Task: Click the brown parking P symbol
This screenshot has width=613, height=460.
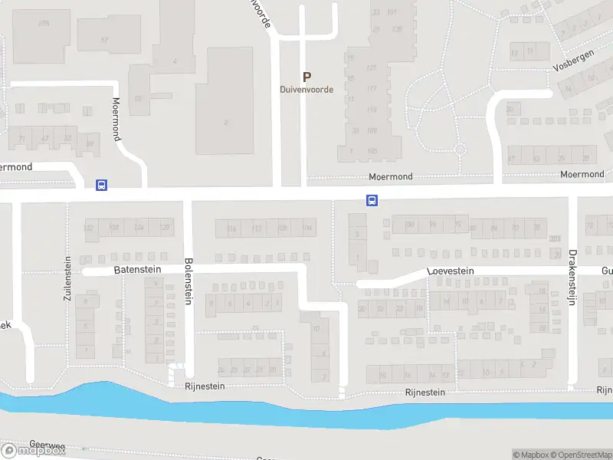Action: (x=306, y=77)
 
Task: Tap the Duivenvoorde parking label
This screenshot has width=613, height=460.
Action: (x=306, y=90)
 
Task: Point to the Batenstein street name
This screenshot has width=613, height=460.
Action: (x=137, y=271)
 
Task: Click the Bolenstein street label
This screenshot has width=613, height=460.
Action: (x=188, y=281)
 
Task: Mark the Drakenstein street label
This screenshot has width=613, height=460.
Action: (x=572, y=277)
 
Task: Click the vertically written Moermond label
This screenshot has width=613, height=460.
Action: (x=117, y=119)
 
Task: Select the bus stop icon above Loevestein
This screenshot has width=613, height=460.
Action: (x=372, y=201)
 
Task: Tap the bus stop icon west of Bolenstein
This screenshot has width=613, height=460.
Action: (x=100, y=185)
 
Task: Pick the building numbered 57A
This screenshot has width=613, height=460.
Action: (x=44, y=24)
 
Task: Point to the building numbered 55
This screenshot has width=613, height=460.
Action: (x=138, y=99)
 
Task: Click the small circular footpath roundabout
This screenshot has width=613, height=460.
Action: (x=459, y=149)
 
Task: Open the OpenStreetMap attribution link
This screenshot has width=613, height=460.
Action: (x=583, y=455)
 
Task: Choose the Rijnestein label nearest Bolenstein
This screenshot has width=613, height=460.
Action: (x=205, y=386)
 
